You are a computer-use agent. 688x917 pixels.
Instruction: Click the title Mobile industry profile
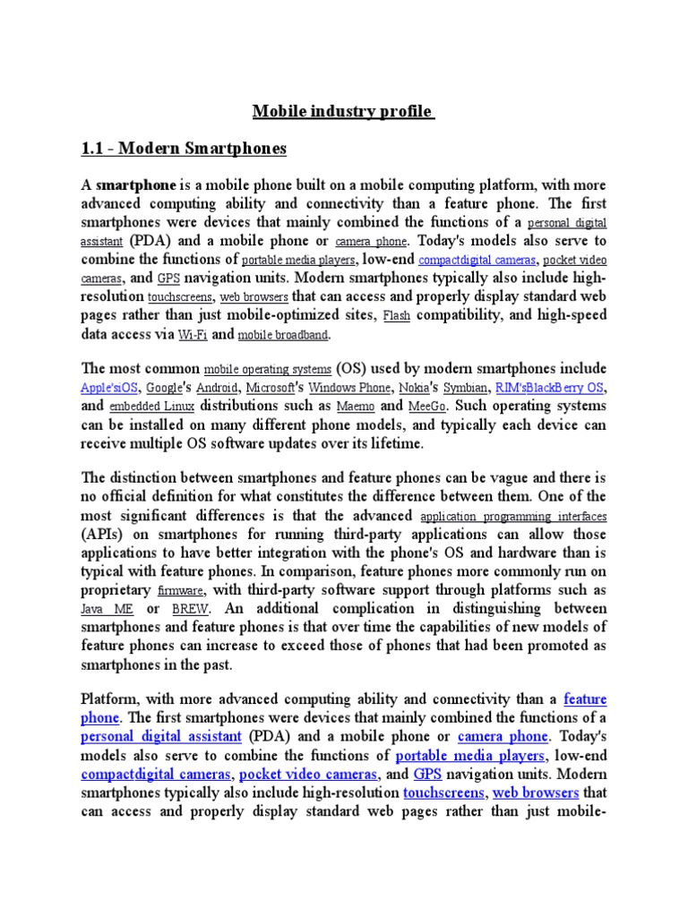tap(343, 112)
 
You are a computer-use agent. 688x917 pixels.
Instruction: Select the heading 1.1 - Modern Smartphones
tap(184, 149)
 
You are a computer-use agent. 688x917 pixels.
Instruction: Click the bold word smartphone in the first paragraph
tap(136, 185)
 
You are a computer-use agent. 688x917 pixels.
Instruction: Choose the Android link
tap(217, 389)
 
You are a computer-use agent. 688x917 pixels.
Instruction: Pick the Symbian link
tap(465, 389)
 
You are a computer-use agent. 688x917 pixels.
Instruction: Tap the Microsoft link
tap(270, 389)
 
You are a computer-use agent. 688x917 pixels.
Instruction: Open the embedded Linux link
tap(147, 407)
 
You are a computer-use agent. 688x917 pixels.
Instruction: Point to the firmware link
tap(181, 591)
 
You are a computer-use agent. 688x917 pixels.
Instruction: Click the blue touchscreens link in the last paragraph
tap(443, 793)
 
